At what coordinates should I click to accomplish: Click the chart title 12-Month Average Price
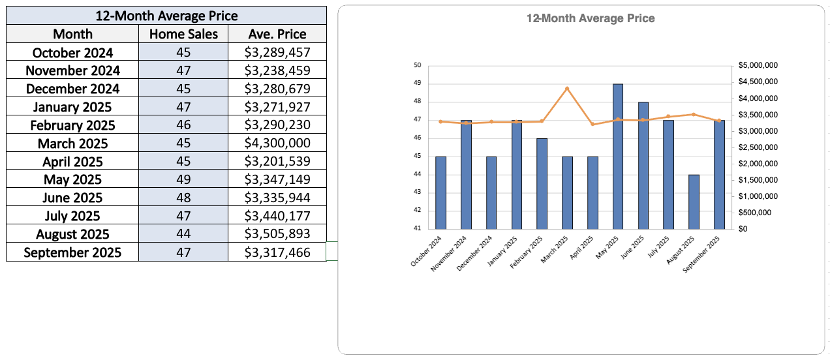pos(591,19)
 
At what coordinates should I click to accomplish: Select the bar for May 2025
pos(618,157)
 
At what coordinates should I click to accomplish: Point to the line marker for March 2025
pos(567,89)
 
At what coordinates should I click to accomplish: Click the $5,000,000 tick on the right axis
pos(759,65)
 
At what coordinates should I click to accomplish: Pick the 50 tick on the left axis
pos(418,65)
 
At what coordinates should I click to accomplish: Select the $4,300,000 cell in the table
pos(277,143)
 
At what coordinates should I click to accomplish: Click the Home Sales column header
pos(183,34)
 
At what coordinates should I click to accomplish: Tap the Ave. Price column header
pos(277,34)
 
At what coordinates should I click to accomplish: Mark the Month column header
pos(72,34)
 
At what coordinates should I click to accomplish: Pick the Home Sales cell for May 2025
pos(183,180)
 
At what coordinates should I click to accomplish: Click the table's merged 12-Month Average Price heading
pos(166,16)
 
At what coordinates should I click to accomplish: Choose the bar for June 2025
pos(643,166)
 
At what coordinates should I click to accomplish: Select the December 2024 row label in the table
pos(72,89)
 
